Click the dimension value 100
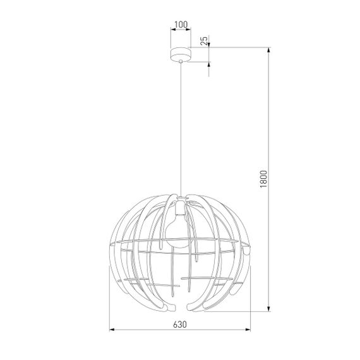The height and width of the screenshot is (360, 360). pyautogui.click(x=180, y=25)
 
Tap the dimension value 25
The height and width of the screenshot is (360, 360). pyautogui.click(x=203, y=42)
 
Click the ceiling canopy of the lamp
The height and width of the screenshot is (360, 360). pyautogui.click(x=181, y=54)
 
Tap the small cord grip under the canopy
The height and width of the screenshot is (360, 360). pyautogui.click(x=181, y=62)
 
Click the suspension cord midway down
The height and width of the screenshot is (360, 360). pyautogui.click(x=181, y=126)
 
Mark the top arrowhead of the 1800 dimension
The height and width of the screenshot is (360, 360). pyautogui.click(x=270, y=50)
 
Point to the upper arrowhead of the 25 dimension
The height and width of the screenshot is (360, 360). pyautogui.click(x=208, y=45)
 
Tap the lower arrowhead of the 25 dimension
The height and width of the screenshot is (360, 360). pyautogui.click(x=208, y=64)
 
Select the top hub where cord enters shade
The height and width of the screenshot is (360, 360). pyautogui.click(x=181, y=195)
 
